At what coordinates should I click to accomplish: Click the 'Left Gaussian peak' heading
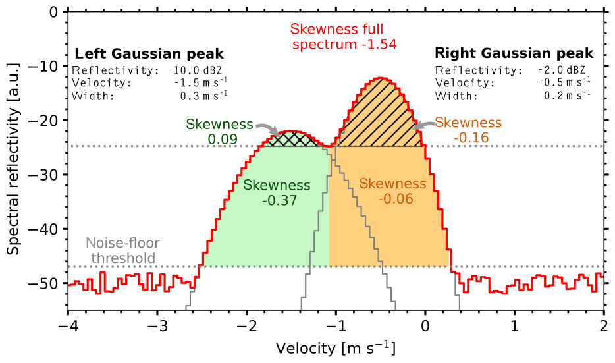[149, 53]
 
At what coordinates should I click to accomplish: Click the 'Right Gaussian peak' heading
[514, 53]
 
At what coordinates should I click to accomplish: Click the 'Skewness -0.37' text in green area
[277, 192]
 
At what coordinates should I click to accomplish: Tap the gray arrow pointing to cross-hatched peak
[267, 129]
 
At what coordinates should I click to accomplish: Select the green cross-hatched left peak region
[292, 139]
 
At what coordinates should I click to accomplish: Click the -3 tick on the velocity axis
[157, 327]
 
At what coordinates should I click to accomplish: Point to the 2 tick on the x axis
[604, 327]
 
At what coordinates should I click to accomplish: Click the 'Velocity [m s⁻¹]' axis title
[336, 347]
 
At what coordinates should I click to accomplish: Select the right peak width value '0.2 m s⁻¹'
[567, 96]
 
